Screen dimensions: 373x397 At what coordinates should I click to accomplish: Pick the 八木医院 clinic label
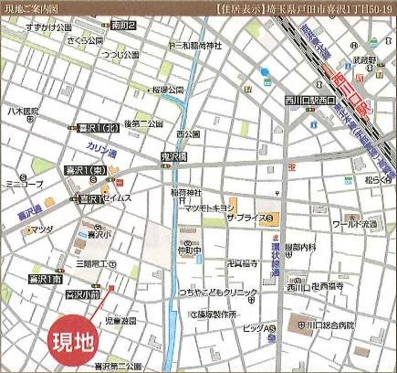click(x=22, y=112)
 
